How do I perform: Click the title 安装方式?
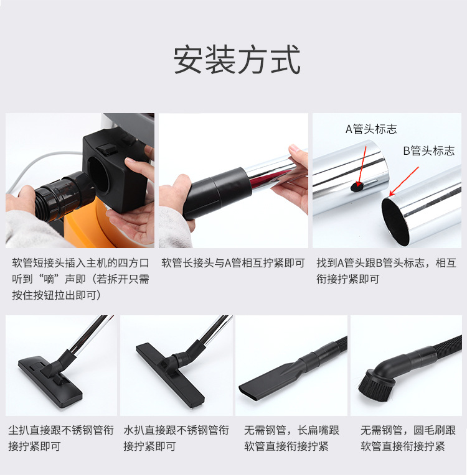coord(237,60)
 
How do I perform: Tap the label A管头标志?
coord(371,129)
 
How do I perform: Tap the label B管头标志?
coord(429,150)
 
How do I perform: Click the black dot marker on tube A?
coord(357,187)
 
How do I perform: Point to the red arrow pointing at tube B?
coord(404,181)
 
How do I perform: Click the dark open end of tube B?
coord(395,221)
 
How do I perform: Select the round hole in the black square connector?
coord(98,175)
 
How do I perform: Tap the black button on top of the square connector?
coord(106,150)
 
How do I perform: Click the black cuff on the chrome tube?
coord(217,192)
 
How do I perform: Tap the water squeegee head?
coord(170,374)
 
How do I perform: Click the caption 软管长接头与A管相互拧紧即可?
coord(233,263)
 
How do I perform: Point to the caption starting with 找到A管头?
coord(386,271)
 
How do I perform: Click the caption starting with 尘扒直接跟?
coord(61,438)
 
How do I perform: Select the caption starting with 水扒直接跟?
coord(176,438)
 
